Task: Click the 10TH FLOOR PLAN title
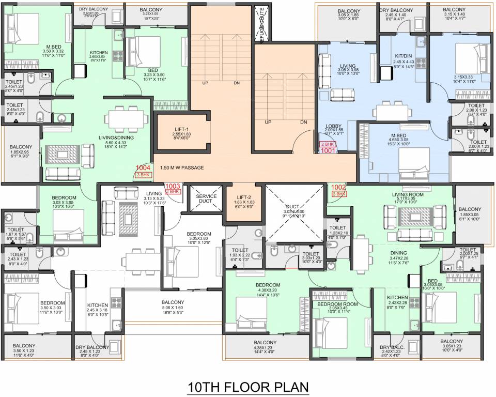click(247, 387)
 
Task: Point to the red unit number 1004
click(143, 167)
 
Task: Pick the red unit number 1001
click(328, 151)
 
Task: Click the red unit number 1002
click(338, 187)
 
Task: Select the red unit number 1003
click(173, 186)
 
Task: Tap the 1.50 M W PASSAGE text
click(182, 167)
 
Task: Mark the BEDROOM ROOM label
click(337, 304)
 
